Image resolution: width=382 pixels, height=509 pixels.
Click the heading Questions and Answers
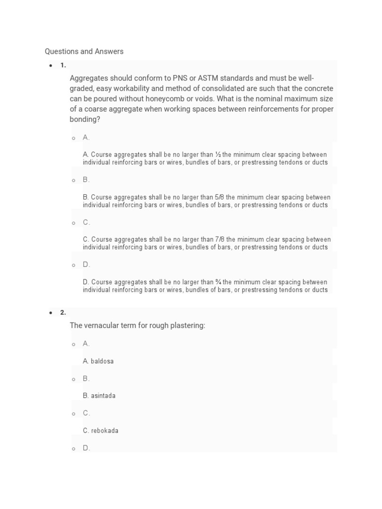point(84,51)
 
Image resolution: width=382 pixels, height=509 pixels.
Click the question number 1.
point(63,65)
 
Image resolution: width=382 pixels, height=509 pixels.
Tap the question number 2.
point(63,313)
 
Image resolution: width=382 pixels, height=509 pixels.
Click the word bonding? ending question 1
point(85,119)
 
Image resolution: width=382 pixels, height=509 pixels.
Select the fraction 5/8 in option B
point(220,197)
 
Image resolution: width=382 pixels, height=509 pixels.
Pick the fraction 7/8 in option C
point(220,240)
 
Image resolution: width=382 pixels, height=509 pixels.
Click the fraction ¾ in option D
point(219,282)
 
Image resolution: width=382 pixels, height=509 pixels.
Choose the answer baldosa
point(102,361)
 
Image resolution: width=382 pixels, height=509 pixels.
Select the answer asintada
point(103,396)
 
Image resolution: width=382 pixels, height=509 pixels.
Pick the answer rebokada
point(104,431)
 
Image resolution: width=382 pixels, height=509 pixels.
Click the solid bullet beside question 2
point(51,313)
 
